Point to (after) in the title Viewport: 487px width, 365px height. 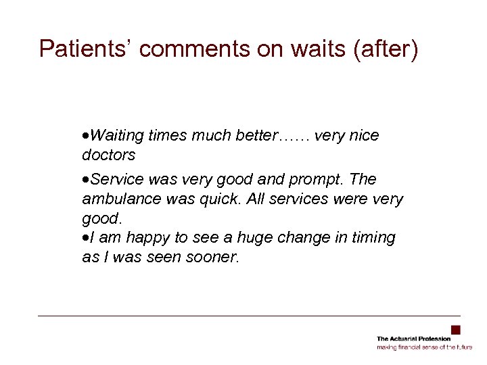383,49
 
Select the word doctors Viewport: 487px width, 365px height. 108,155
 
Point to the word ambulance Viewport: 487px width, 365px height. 121,199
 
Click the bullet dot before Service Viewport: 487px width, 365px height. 85,180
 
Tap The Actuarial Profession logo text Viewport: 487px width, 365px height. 413,339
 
